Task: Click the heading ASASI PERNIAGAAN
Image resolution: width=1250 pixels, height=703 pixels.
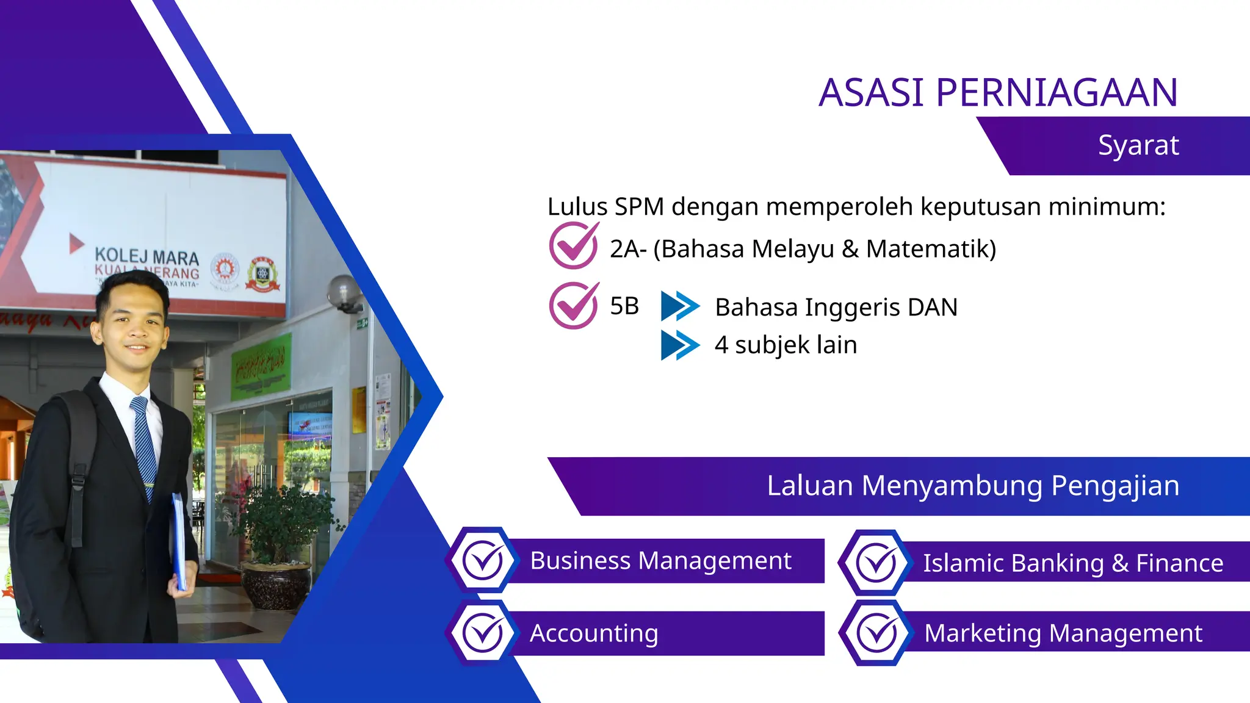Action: (x=998, y=93)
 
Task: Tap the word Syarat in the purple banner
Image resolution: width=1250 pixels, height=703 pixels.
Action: (x=1138, y=145)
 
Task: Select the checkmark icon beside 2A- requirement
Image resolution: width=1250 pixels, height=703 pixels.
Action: (x=573, y=245)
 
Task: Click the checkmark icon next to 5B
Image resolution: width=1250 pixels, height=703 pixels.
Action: (x=573, y=305)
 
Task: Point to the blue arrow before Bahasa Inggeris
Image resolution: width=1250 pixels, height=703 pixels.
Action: (x=679, y=306)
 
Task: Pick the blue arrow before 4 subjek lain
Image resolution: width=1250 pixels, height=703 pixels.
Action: (x=679, y=345)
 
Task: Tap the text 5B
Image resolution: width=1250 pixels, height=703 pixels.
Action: (x=624, y=306)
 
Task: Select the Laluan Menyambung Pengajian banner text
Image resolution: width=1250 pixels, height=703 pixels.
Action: (x=973, y=486)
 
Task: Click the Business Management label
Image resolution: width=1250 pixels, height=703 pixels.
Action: (x=660, y=561)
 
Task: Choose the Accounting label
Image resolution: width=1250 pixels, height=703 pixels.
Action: (x=594, y=633)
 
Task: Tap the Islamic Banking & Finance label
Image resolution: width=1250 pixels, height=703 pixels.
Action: (x=1072, y=563)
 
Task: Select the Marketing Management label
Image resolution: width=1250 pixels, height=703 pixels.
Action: (x=1063, y=633)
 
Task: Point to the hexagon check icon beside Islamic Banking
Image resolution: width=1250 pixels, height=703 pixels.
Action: (x=876, y=562)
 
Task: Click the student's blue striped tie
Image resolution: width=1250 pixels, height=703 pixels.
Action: (x=144, y=445)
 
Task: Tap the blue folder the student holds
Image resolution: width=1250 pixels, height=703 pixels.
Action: (x=179, y=540)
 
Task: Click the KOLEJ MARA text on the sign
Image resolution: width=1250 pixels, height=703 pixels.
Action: (x=146, y=256)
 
